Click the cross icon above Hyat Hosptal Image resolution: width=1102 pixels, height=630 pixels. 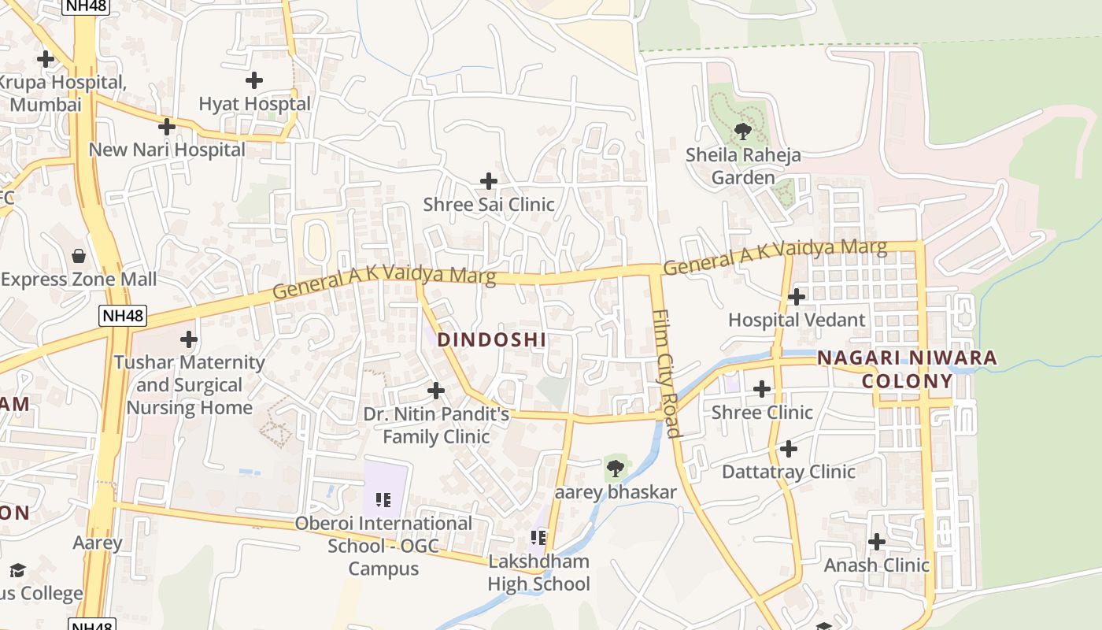(254, 80)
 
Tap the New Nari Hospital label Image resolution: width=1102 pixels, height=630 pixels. (167, 149)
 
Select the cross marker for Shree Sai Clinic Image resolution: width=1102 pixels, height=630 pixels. (489, 181)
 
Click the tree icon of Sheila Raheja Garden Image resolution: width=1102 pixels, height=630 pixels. (742, 131)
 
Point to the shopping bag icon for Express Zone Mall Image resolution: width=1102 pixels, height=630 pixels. (79, 256)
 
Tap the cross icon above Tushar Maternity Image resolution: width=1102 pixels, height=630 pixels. (188, 339)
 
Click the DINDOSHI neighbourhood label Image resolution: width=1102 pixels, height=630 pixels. (492, 339)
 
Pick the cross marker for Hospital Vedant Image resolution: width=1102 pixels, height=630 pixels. (797, 297)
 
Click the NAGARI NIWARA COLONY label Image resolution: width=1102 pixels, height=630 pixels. (907, 369)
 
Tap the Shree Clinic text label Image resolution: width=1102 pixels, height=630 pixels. (762, 412)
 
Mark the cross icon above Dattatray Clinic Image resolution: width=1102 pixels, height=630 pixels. (788, 449)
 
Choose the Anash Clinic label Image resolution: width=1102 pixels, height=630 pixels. (876, 565)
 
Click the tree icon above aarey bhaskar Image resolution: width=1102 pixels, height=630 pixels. (616, 469)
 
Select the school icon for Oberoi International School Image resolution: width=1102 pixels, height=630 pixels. (384, 499)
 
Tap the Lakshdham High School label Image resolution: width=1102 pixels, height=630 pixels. (538, 573)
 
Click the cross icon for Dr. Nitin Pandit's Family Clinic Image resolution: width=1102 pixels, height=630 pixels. (435, 391)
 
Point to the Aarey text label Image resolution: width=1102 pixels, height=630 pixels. (98, 543)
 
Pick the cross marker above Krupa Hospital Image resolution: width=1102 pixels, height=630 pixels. (46, 58)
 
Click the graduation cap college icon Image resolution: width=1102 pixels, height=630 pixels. (17, 570)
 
